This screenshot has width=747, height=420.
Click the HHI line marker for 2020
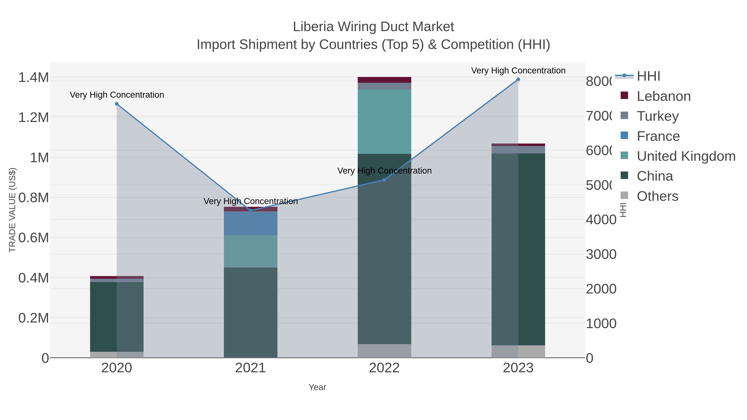click(x=117, y=104)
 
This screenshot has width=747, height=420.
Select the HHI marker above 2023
click(x=518, y=79)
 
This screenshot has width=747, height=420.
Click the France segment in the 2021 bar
click(x=250, y=223)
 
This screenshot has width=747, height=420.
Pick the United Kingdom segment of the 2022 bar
click(x=384, y=122)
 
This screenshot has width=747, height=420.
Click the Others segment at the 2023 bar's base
click(x=518, y=351)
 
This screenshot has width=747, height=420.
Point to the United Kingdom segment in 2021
click(x=250, y=251)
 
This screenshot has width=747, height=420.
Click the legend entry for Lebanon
click(x=664, y=96)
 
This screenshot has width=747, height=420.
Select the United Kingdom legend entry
click(x=686, y=156)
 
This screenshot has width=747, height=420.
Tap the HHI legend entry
click(x=648, y=76)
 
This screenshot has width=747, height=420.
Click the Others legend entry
click(x=657, y=196)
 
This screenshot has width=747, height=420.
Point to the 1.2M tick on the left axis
click(x=34, y=118)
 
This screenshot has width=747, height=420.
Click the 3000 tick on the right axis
click(x=601, y=254)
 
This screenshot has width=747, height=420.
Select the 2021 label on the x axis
click(x=250, y=368)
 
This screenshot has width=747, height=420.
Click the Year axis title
click(x=317, y=387)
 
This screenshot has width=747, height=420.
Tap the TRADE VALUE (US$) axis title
click(x=12, y=210)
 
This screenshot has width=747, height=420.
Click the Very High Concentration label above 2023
click(x=518, y=71)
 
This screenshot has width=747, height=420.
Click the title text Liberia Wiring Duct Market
click(x=373, y=27)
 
